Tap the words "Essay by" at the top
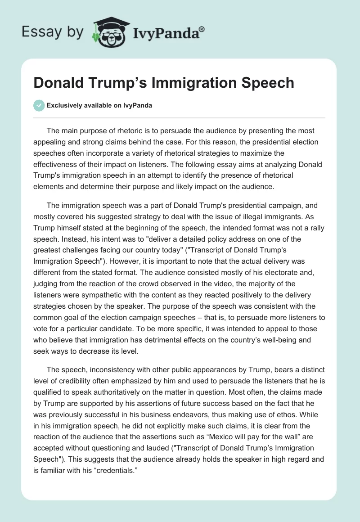click(53, 32)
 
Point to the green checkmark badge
click(39, 106)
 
